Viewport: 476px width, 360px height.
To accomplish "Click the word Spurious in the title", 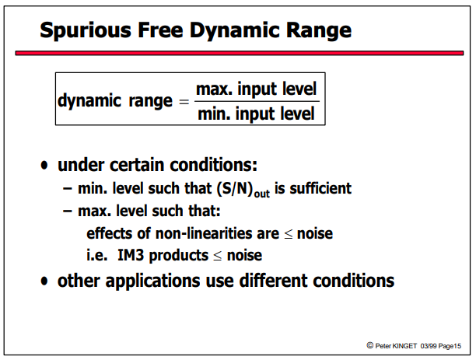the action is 86,30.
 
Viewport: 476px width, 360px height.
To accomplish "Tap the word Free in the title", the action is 160,30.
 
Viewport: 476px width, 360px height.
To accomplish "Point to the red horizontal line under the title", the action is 240,53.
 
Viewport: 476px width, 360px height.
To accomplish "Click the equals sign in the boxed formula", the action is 184,101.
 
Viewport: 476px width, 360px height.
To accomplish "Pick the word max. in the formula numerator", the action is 214,89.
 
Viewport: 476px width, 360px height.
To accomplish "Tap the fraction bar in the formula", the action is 257,101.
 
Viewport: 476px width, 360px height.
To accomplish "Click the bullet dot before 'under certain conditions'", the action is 44,165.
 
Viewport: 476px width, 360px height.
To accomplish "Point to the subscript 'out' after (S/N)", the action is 261,194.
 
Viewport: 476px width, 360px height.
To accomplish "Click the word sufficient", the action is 320,188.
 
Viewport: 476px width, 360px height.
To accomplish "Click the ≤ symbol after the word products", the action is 217,256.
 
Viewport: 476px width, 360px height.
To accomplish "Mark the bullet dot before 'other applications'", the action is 44,281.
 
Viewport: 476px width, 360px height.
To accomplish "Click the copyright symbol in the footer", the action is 369,345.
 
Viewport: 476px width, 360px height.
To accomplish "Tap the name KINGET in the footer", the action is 404,346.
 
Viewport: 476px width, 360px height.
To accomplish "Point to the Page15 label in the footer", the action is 450,346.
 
